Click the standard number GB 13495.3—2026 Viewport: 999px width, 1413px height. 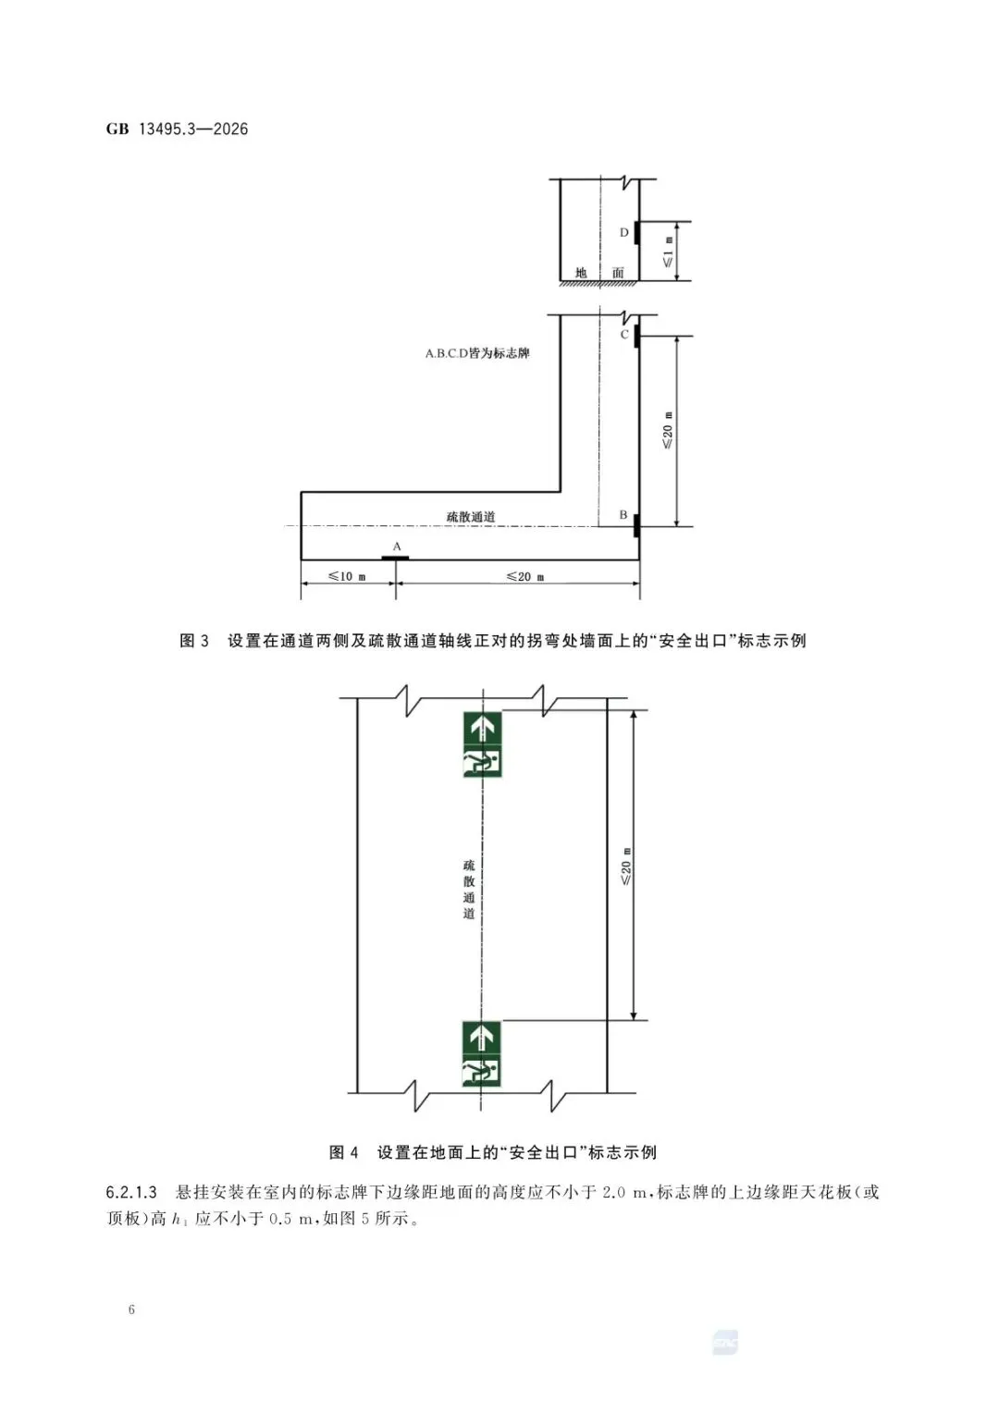[177, 129]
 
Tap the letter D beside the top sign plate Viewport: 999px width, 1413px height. [624, 233]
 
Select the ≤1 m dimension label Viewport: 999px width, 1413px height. [668, 252]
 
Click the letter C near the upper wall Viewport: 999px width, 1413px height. [624, 335]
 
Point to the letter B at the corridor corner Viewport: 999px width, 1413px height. [623, 515]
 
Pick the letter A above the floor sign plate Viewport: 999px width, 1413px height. [397, 547]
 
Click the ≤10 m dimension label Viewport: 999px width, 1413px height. [348, 577]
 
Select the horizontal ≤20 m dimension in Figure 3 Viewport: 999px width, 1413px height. [525, 577]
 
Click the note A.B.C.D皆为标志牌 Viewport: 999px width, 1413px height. [477, 353]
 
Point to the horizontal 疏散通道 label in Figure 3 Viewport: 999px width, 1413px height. [471, 517]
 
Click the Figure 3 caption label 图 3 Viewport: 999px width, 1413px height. [194, 641]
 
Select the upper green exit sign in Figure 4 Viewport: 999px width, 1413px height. [482, 743]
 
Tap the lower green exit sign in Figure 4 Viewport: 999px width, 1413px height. [481, 1054]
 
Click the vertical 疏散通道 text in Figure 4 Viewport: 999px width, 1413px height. [469, 889]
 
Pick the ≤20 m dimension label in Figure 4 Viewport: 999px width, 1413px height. [626, 866]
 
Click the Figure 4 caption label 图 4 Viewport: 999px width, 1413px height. [344, 1152]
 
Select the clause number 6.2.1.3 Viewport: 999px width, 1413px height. [131, 1192]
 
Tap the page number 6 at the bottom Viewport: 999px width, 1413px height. [131, 1309]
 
